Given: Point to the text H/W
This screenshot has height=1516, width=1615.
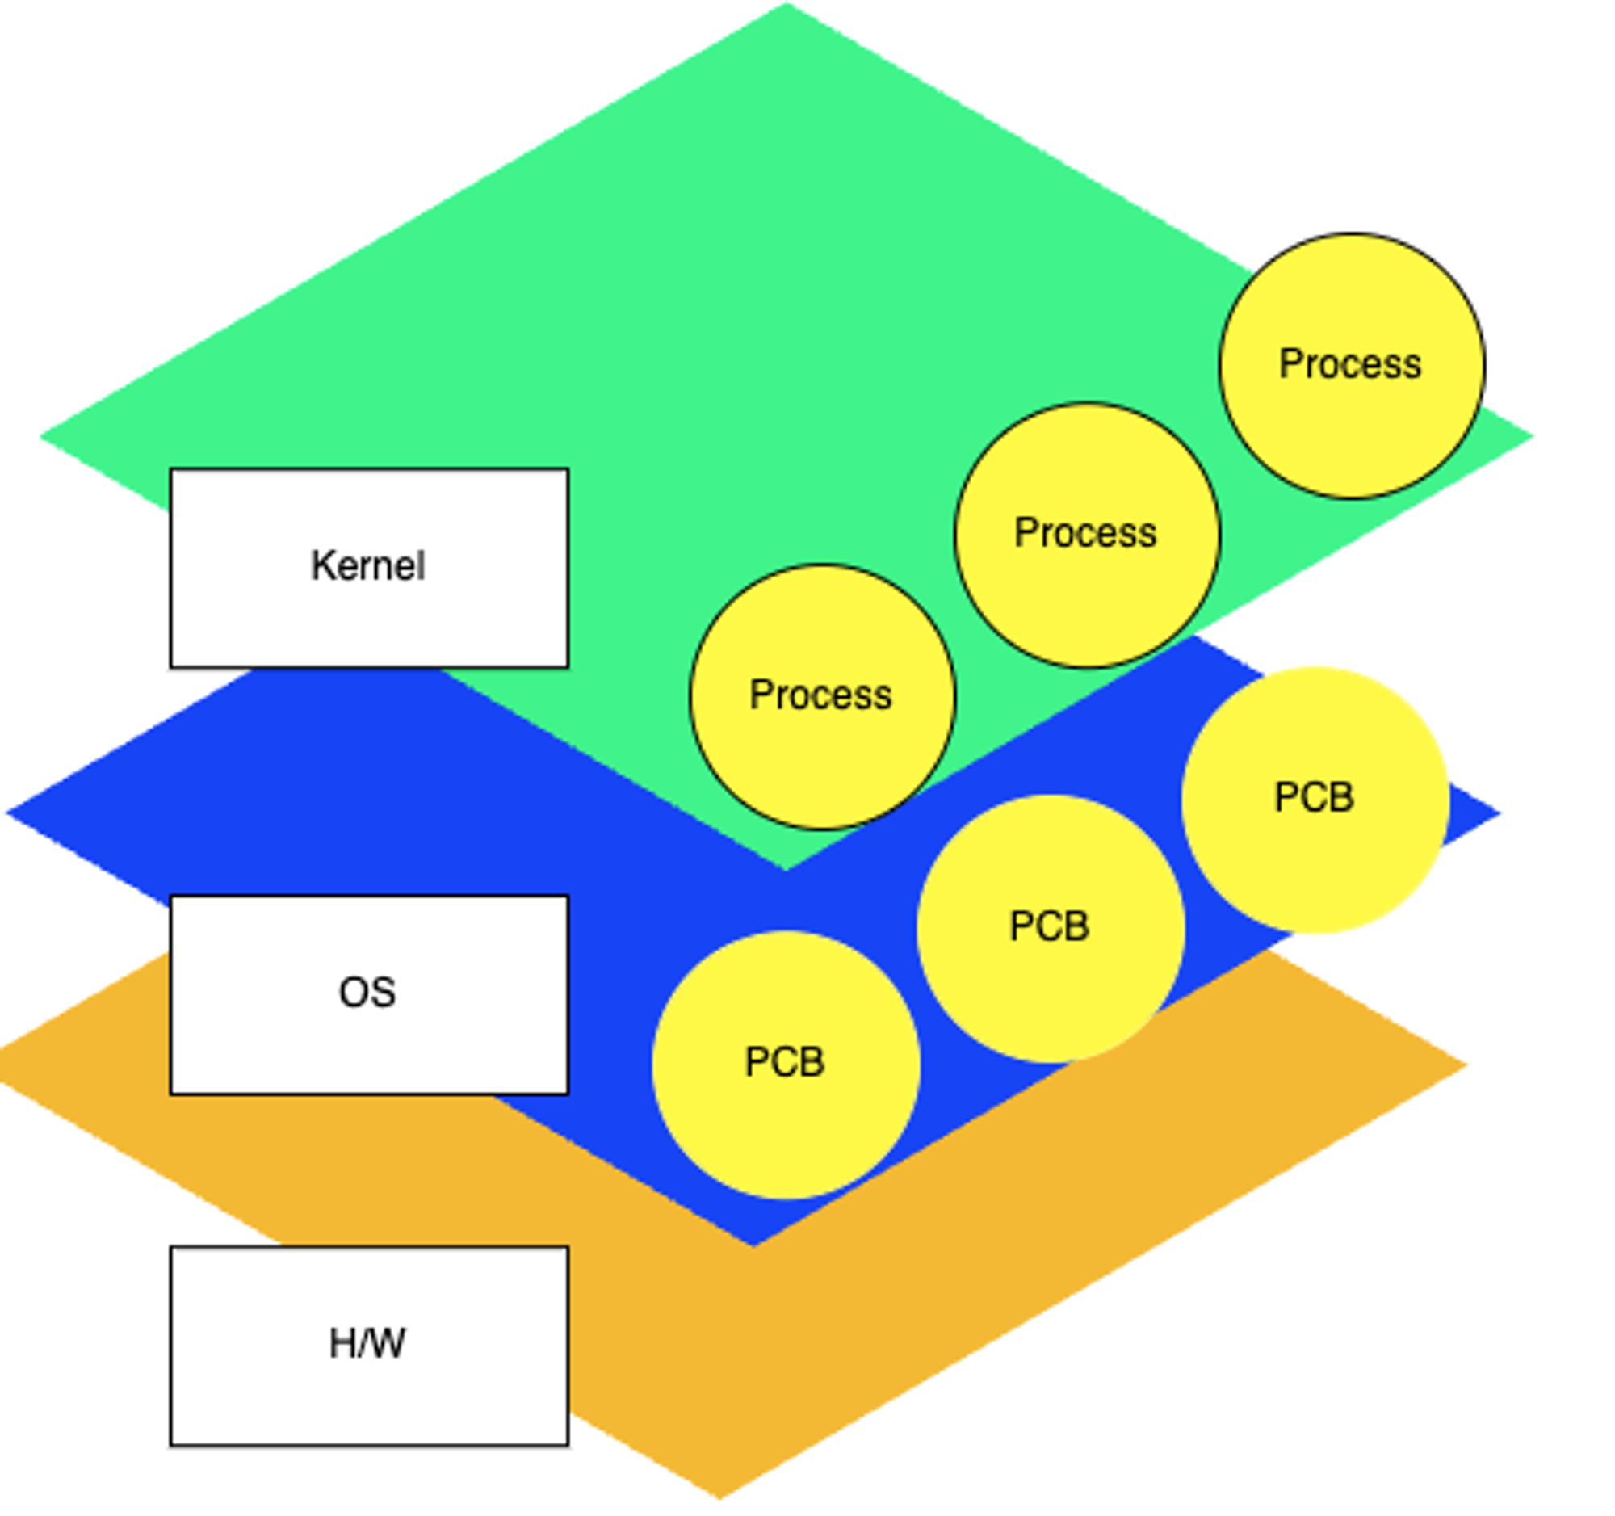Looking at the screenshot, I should tap(367, 1344).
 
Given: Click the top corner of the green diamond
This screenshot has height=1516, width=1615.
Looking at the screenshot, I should tap(787, 6).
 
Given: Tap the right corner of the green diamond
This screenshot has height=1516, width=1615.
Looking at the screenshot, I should tap(1530, 436).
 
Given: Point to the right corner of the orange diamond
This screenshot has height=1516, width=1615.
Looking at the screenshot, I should tap(1464, 1065).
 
